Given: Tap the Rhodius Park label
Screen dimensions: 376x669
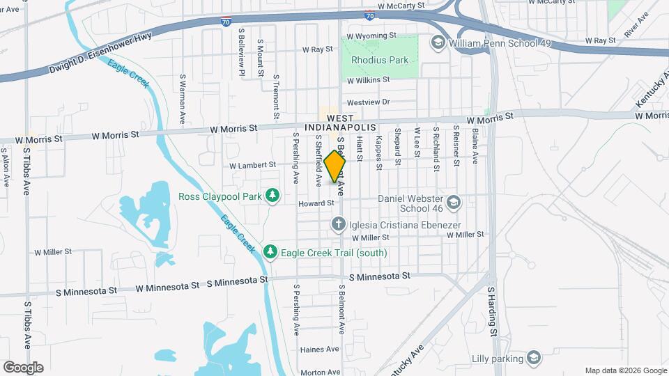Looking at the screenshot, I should [380, 60].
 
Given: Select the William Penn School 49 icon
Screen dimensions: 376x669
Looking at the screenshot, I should [438, 42].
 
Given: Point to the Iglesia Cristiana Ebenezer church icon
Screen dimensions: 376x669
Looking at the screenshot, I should [338, 224].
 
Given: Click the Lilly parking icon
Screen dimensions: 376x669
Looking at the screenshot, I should [534, 358].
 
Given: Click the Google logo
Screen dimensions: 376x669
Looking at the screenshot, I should [23, 367].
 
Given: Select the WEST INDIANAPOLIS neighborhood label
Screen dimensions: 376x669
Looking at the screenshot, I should [341, 123].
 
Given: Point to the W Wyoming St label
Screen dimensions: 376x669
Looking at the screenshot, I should [371, 35].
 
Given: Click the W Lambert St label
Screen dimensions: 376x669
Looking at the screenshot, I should [253, 166].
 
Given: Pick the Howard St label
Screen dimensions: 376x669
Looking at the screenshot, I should [312, 204].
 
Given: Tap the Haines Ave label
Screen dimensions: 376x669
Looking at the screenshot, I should [319, 350].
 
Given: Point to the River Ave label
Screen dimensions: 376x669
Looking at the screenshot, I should [633, 24].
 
